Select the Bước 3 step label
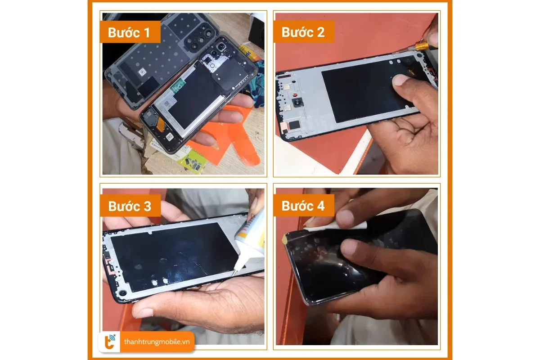click(x=130, y=206)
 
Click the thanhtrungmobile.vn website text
click(x=157, y=342)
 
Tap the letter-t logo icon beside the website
click(x=110, y=342)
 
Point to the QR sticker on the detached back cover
click(x=142, y=72)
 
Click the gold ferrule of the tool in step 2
click(x=422, y=46)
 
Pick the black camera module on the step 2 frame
click(x=297, y=102)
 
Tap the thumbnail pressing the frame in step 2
click(x=401, y=80)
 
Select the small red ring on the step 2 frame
click(x=295, y=94)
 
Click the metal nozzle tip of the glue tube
click(x=234, y=272)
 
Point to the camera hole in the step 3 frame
click(x=123, y=293)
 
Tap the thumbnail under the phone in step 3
click(x=143, y=313)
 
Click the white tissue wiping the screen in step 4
click(x=335, y=226)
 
